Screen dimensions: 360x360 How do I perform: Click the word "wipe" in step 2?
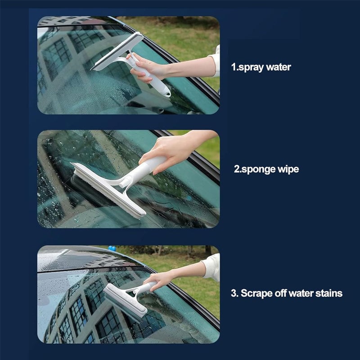tap(288, 170)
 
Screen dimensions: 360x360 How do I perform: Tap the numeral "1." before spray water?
tap(234, 67)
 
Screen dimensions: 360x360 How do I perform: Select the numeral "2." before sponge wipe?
tap(237, 170)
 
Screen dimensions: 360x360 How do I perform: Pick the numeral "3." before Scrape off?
tap(234, 293)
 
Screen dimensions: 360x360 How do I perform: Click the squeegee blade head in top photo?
tap(117, 52)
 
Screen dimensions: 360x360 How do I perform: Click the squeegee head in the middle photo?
tap(108, 189)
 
